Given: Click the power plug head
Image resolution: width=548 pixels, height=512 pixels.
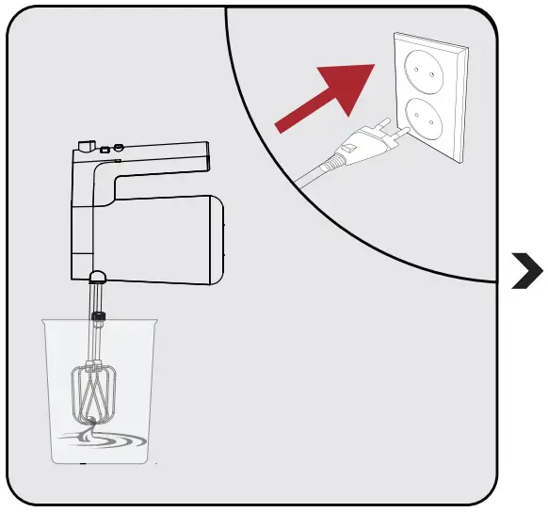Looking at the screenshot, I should coord(363,145).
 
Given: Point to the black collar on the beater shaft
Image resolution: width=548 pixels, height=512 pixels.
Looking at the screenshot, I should coord(98,314).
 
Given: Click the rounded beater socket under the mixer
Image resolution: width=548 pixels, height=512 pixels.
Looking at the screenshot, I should coord(97,276).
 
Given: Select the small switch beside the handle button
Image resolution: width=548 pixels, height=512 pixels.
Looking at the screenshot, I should coord(105,148).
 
